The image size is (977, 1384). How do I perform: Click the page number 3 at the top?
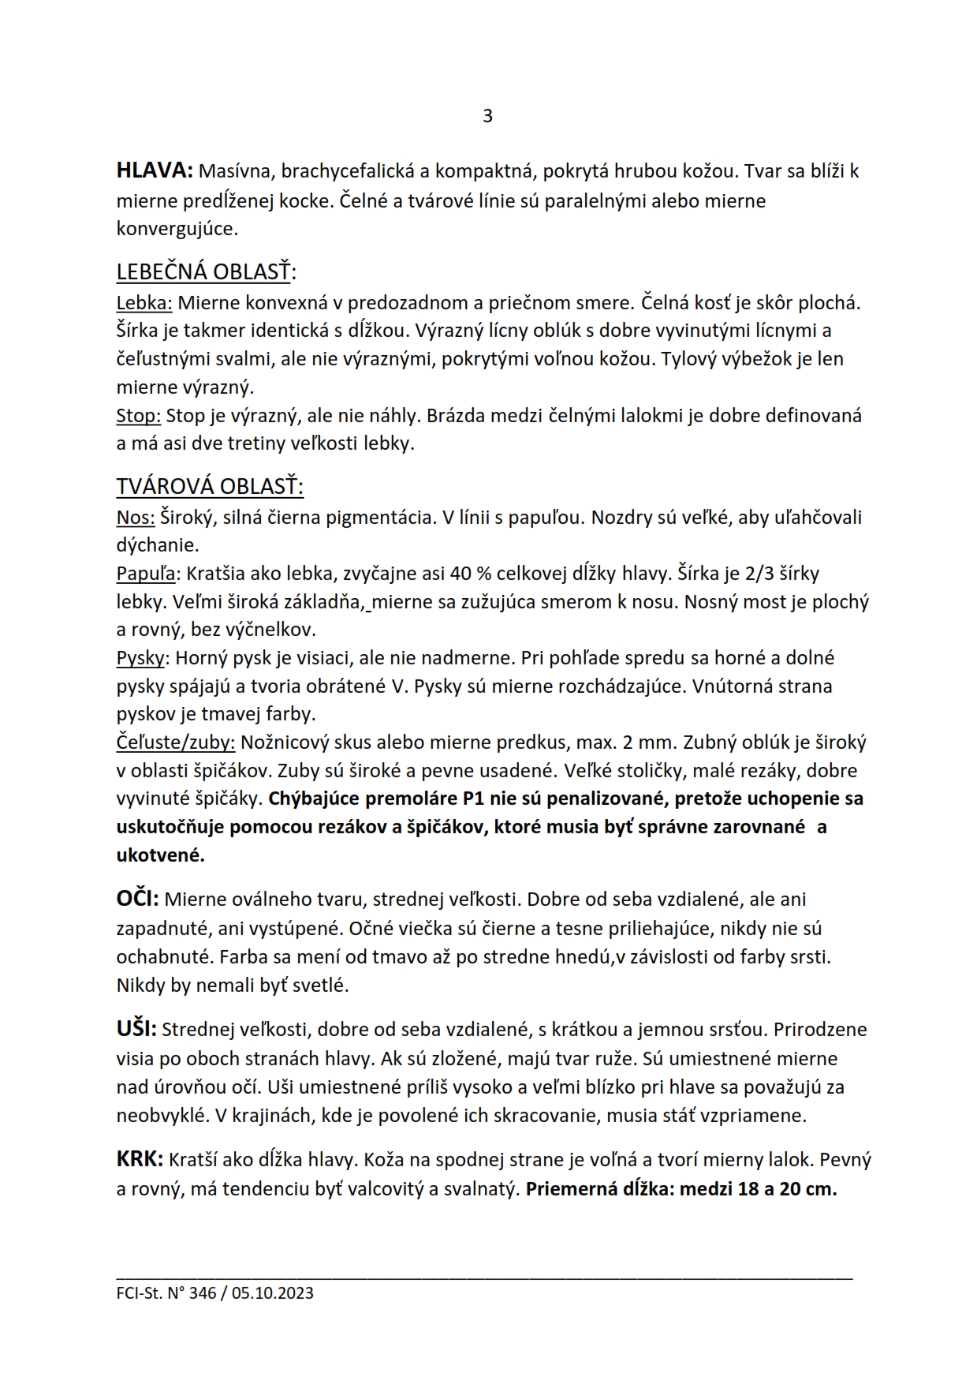487,116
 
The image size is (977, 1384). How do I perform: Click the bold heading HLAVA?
155,170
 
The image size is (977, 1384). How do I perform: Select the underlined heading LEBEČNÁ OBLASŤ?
206,272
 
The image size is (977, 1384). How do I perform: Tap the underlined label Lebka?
144,302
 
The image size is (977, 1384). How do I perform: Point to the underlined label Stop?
139,415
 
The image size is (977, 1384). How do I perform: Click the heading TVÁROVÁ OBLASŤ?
210,486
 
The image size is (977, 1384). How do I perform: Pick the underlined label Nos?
136,517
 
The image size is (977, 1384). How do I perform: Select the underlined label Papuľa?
147,574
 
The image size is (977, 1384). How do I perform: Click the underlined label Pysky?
141,658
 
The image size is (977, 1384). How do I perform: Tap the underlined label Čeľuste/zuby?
175,742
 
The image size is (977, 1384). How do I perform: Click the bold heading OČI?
138,899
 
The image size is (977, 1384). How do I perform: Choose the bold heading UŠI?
137,1029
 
